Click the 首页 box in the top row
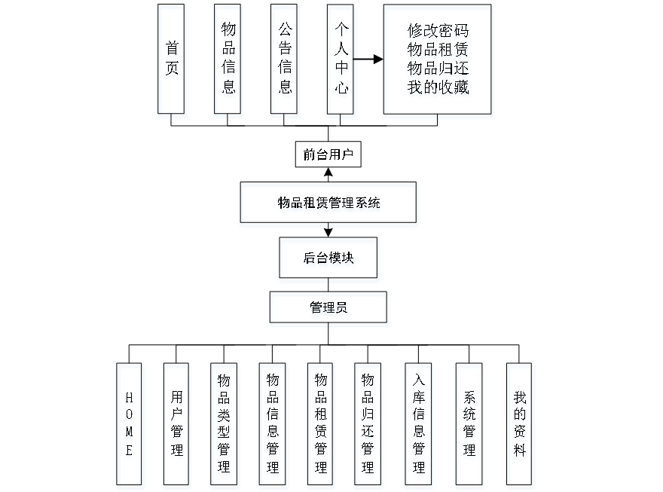pyautogui.click(x=173, y=62)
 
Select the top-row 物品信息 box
pyautogui.click(x=228, y=62)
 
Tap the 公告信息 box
pyautogui.click(x=285, y=62)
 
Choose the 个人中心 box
pyautogui.click(x=341, y=62)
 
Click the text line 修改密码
pyautogui.click(x=438, y=33)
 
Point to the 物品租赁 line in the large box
pyautogui.click(x=438, y=51)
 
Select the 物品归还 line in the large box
pyautogui.click(x=438, y=69)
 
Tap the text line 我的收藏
pyautogui.click(x=438, y=88)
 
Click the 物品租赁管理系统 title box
pyautogui.click(x=328, y=204)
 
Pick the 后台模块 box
pyautogui.click(x=328, y=260)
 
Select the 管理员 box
pyautogui.click(x=328, y=309)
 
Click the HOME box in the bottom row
pyautogui.click(x=130, y=426)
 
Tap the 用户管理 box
pyautogui.click(x=176, y=426)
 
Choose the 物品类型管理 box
pyautogui.click(x=224, y=426)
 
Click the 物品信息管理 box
pyautogui.click(x=272, y=426)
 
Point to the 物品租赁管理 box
pyautogui.click(x=320, y=426)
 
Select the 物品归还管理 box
pyautogui.click(x=368, y=426)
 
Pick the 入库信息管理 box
pyautogui.click(x=419, y=426)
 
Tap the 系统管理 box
pyautogui.click(x=469, y=426)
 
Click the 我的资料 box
pyautogui.click(x=520, y=426)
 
